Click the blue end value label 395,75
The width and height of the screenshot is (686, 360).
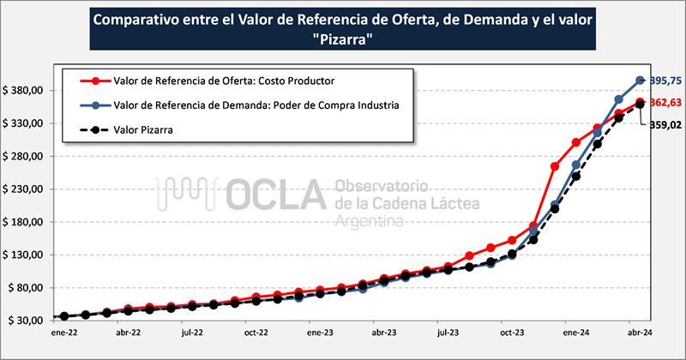665,81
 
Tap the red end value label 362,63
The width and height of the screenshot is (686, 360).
665,103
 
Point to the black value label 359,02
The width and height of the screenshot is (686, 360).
665,124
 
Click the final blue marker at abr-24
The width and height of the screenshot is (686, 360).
640,81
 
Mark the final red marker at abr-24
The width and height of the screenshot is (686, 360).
640,102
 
